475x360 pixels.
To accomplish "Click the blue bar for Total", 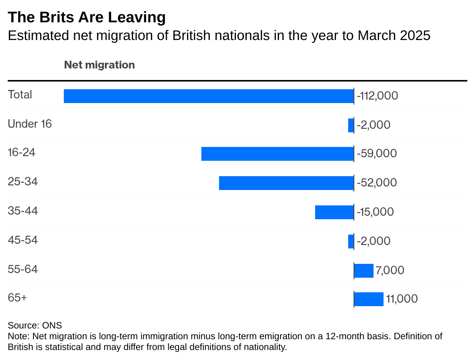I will [209, 96].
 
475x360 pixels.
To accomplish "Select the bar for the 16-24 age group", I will [277, 154].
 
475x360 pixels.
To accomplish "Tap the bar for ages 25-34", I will [286, 183].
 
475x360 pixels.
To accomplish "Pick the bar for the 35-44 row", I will [334, 212].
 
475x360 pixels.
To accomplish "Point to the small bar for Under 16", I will [351, 125].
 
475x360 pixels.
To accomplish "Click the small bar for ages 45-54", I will [351, 242].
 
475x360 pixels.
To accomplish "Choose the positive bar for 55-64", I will [364, 270].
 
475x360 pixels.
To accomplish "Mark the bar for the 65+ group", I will [369, 299].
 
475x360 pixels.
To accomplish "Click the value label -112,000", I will [377, 96].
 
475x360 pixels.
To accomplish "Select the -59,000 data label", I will [377, 153].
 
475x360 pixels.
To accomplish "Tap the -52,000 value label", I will [377, 183].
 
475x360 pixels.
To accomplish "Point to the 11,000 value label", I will [402, 299].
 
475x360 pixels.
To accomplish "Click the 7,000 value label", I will [390, 270].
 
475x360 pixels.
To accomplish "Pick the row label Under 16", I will [30, 124].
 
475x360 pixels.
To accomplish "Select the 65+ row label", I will [17, 298].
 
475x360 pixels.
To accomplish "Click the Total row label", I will [20, 95].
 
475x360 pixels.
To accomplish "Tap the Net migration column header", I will [99, 65].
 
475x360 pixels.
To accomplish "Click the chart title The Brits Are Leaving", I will [87, 17].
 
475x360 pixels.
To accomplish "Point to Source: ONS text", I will [35, 325].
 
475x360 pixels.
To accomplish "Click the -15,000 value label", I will [375, 212].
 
